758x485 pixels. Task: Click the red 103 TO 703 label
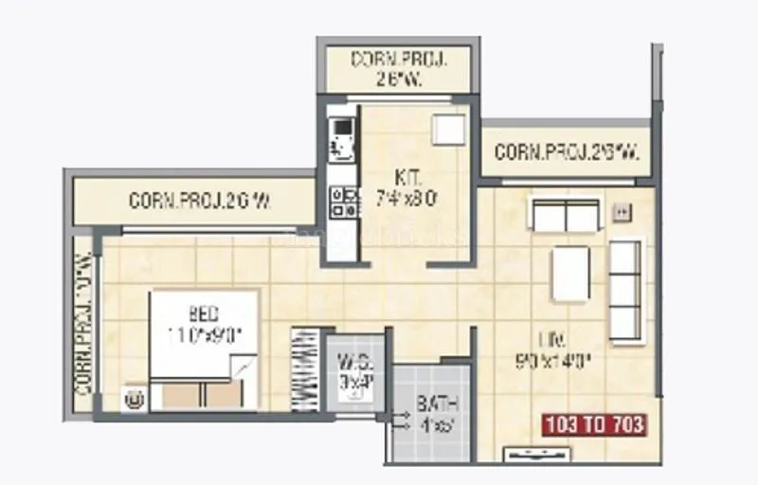(594, 424)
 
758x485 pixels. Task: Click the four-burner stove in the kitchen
(341, 200)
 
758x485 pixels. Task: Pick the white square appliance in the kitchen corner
(448, 130)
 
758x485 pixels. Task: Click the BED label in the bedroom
(204, 314)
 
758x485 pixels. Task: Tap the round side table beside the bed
(135, 398)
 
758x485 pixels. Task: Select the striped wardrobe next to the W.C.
(306, 369)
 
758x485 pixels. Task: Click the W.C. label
(353, 361)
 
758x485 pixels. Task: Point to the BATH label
(432, 405)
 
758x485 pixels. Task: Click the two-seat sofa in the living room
(566, 215)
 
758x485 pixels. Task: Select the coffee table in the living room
(570, 273)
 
